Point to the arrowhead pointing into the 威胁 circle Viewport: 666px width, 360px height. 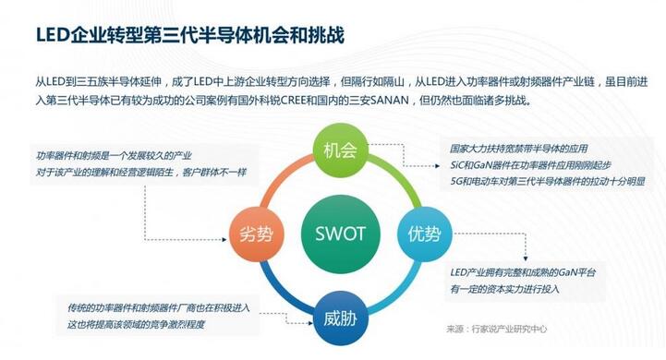(x=309, y=322)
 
